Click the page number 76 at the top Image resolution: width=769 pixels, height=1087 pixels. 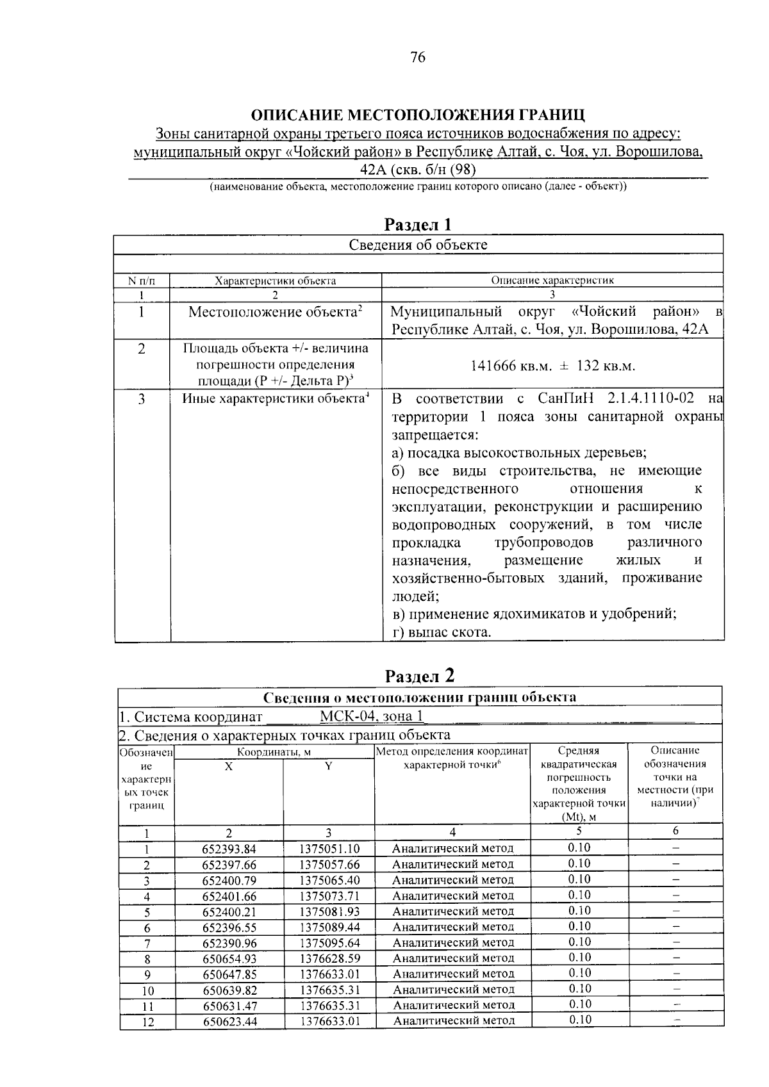point(417,58)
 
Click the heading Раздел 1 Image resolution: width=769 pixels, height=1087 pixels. point(418,224)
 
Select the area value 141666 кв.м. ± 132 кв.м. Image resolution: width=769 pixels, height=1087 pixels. point(552,366)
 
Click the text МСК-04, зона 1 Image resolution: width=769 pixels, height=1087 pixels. point(372,716)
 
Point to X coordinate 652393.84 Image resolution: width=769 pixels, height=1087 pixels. point(229,849)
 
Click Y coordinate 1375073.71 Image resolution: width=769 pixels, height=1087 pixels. point(329,896)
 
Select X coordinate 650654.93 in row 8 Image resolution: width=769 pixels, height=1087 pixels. point(229,958)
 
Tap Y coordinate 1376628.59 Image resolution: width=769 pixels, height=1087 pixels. point(329,958)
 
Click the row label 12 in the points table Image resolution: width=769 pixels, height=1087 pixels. point(147,1022)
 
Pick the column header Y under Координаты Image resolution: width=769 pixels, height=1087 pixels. point(328,766)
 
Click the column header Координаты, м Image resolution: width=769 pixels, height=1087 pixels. point(274,752)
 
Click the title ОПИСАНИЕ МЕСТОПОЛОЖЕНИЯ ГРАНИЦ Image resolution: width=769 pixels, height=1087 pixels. point(418,115)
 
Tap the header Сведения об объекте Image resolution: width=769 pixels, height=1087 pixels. point(418,245)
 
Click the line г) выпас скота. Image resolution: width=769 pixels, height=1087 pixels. point(442,632)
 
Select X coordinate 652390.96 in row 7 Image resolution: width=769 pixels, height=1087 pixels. point(229,943)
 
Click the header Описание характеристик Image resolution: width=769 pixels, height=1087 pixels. point(552,281)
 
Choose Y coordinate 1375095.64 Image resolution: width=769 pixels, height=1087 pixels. point(329,943)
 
